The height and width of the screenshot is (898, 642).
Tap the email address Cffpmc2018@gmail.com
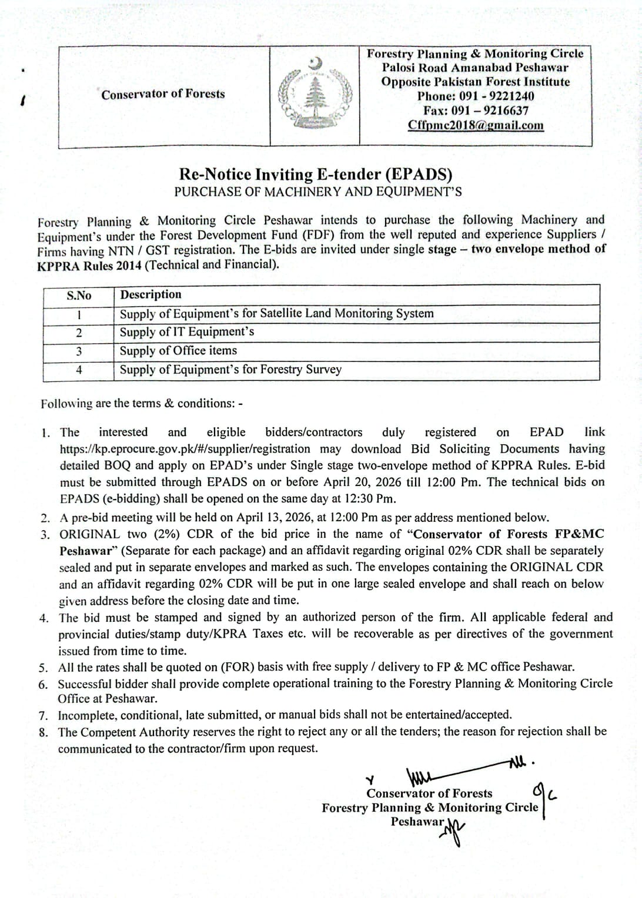[x=476, y=125]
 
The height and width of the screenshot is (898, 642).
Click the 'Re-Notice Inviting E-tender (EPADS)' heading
[x=316, y=175]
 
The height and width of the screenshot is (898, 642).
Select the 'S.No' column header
[x=79, y=296]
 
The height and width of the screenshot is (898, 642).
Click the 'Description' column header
[x=151, y=294]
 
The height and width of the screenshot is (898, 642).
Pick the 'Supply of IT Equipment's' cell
[x=187, y=332]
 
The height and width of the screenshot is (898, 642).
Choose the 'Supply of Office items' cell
[x=178, y=351]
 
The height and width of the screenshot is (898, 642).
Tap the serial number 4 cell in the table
[x=79, y=370]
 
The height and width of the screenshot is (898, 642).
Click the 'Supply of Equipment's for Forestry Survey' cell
[x=230, y=370]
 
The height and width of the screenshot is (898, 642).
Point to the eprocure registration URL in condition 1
[x=185, y=449]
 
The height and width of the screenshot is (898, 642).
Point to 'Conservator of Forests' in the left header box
[x=163, y=94]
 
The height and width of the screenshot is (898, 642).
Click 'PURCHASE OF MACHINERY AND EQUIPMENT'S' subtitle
[x=317, y=192]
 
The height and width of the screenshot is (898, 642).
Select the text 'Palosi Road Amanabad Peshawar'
[x=475, y=68]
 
